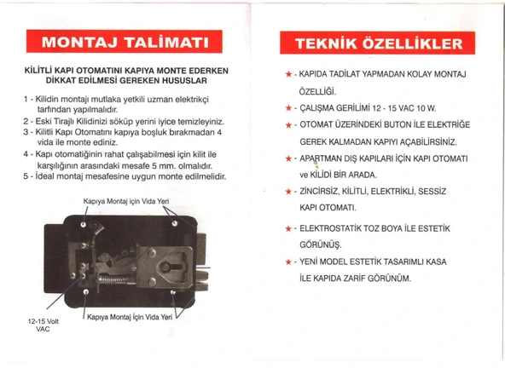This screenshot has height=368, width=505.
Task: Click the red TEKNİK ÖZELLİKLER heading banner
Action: coord(374,44)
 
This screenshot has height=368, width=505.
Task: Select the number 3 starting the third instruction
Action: coord(27,134)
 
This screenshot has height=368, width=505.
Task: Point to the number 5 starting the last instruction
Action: coord(27,176)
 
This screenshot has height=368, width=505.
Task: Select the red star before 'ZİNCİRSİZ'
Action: coord(290,192)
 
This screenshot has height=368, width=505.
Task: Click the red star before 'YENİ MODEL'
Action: coord(290,260)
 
